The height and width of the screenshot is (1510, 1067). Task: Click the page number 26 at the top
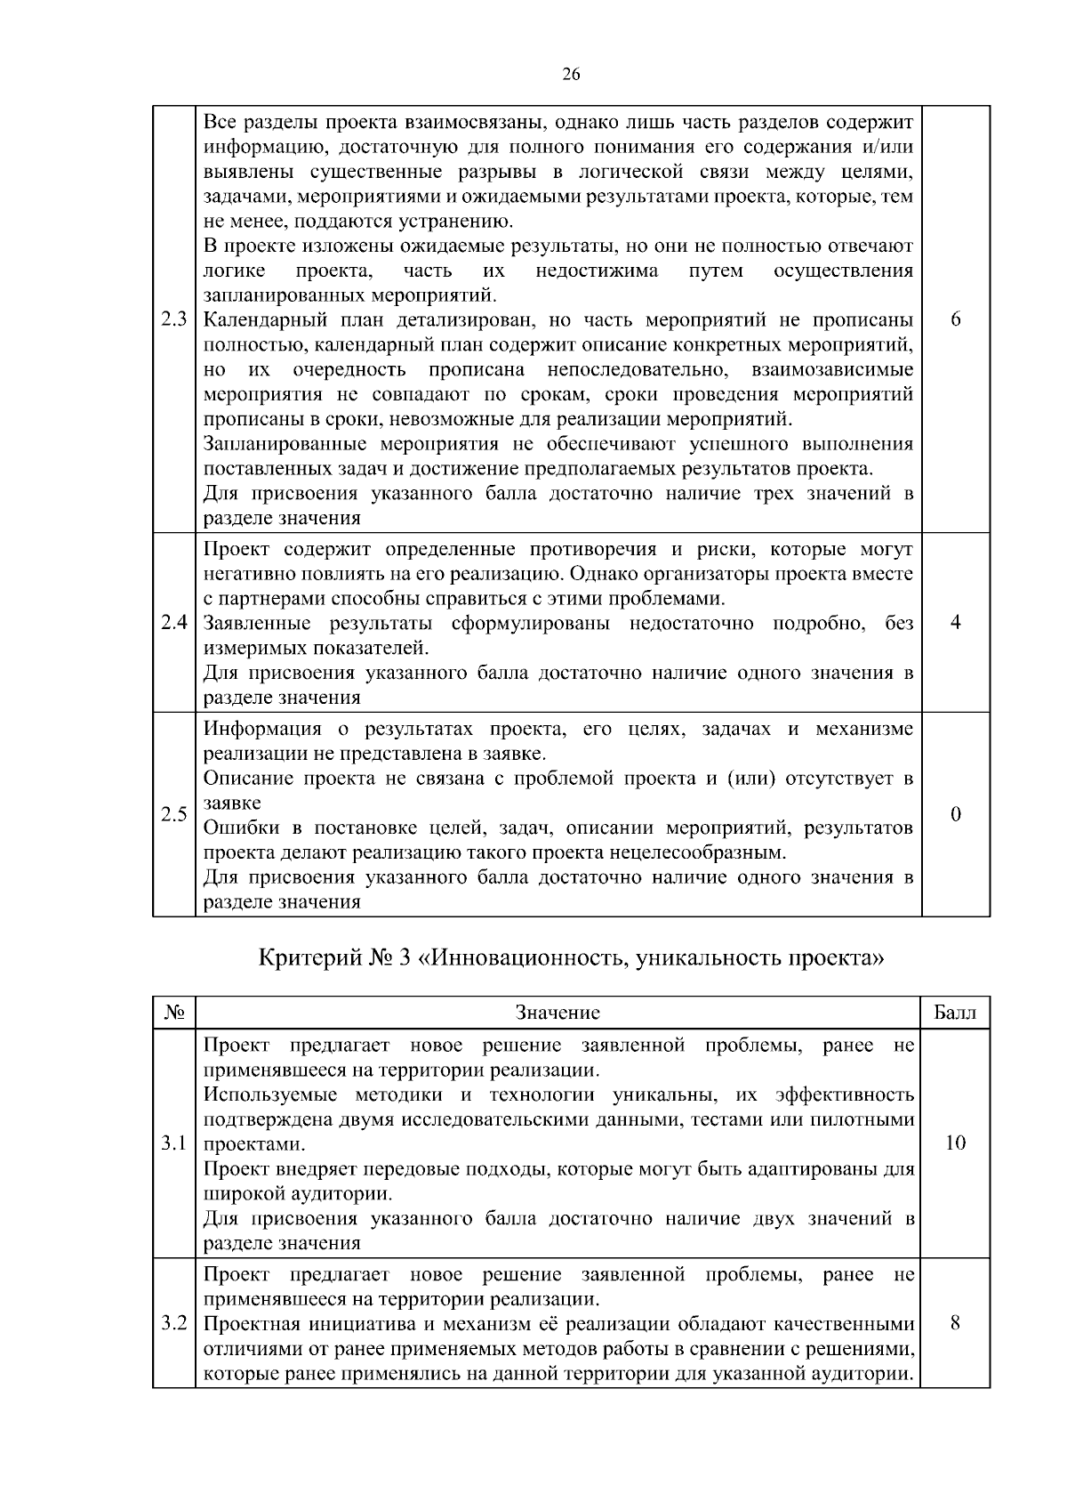(571, 75)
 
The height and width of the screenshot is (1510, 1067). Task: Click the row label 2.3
(174, 320)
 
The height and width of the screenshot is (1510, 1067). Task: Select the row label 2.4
(174, 623)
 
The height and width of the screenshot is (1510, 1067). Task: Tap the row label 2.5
(174, 814)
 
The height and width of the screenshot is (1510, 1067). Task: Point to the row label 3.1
(174, 1143)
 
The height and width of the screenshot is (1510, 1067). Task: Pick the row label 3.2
(174, 1323)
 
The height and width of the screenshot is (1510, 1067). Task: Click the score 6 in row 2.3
(955, 320)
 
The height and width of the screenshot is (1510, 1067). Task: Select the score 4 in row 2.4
(955, 623)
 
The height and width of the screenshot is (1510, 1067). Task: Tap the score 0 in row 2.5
(955, 814)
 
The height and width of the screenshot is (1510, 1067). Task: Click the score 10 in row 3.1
(955, 1143)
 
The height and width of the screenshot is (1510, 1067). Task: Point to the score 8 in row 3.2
(955, 1323)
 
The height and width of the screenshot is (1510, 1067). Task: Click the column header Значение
(558, 1013)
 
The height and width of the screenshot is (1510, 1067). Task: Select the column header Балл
(955, 1013)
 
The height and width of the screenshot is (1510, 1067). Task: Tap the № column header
(174, 1013)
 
